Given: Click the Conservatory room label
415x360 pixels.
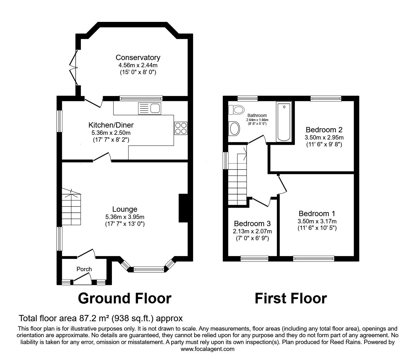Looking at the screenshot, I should click(138, 58).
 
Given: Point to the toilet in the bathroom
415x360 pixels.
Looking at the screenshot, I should click(236, 110).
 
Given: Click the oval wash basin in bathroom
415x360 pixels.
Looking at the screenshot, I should click(234, 129).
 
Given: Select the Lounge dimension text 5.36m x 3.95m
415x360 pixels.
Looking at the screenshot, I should click(125, 217).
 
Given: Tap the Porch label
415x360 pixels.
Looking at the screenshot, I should click(84, 269).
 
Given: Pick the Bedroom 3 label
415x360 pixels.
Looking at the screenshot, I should click(252, 224).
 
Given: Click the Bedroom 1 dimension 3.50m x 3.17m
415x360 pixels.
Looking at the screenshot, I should click(317, 221).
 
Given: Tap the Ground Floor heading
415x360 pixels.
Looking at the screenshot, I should click(124, 298).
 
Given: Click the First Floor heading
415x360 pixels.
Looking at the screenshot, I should click(291, 298).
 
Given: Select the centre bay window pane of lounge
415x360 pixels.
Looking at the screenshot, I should click(149, 268).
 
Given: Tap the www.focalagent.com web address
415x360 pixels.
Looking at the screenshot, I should click(207, 349).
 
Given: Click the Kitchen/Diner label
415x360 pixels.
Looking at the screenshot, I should click(111, 125).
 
